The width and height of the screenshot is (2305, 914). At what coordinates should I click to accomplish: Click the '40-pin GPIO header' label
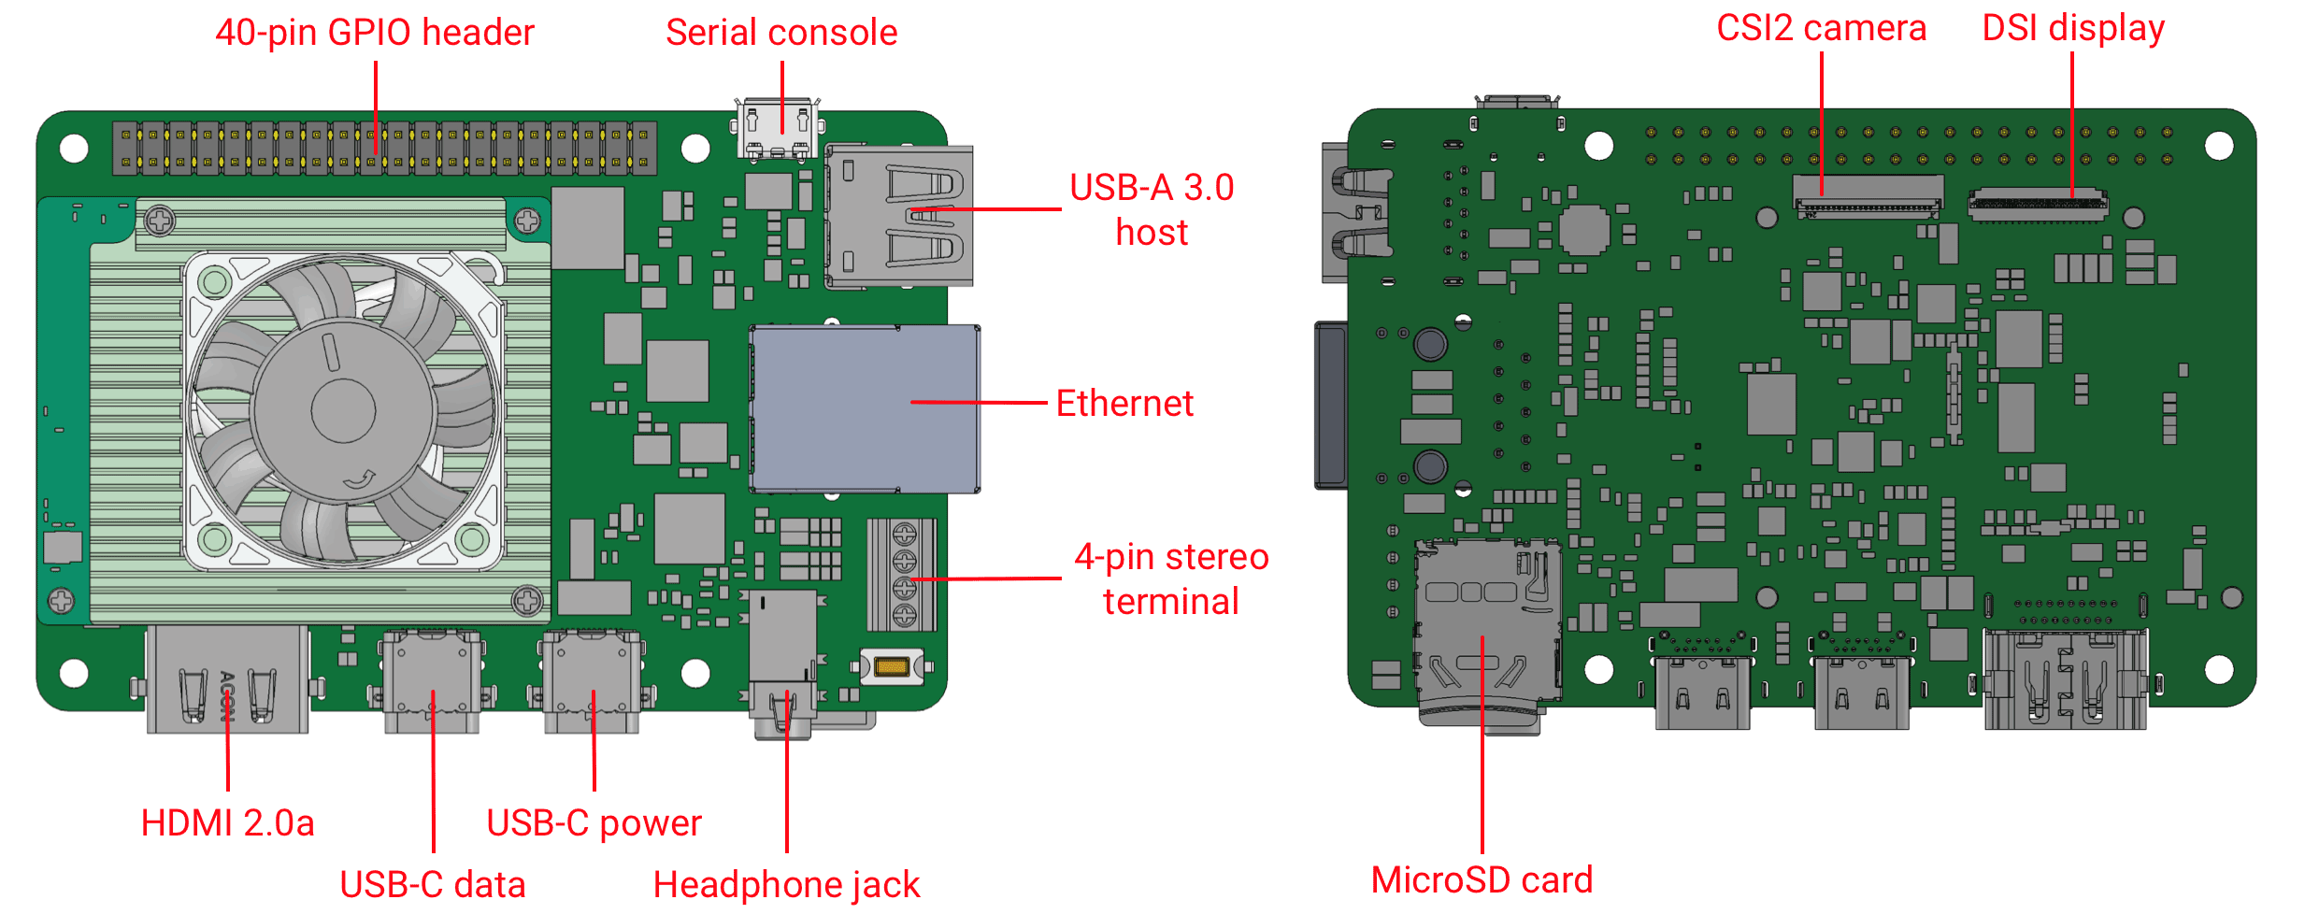tap(374, 33)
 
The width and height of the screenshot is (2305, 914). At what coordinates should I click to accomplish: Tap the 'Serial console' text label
tap(780, 33)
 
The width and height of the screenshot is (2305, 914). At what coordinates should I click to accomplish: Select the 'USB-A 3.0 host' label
tap(1152, 209)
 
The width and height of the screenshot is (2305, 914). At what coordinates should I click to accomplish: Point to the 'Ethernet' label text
tap(1124, 404)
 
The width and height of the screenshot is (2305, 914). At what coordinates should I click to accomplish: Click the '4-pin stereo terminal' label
tap(1170, 578)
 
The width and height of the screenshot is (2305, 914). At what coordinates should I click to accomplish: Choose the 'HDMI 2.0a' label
tap(227, 823)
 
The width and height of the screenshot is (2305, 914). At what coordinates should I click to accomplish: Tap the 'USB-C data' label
tap(432, 884)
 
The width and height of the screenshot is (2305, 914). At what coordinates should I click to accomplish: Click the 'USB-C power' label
tap(594, 823)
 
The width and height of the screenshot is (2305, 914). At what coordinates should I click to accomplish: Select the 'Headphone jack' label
tap(786, 884)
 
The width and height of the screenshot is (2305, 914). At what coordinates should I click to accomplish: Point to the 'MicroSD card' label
tap(1482, 880)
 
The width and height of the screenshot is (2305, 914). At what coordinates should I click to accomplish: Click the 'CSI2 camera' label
tap(1821, 28)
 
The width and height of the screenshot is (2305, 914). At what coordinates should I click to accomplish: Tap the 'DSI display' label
tap(2072, 28)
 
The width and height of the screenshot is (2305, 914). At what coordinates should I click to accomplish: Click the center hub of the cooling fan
tap(343, 410)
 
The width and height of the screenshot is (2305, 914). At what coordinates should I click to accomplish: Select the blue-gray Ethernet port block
tap(865, 408)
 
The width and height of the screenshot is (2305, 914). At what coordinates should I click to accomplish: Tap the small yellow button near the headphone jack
tap(891, 666)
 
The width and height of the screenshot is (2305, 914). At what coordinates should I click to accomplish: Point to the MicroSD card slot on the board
tap(1486, 626)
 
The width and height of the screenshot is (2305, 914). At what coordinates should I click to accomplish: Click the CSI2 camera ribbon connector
tap(1867, 195)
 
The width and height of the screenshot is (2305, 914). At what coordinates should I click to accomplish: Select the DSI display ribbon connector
tap(2038, 204)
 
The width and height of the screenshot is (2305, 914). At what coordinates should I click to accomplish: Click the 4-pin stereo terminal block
tap(903, 575)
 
